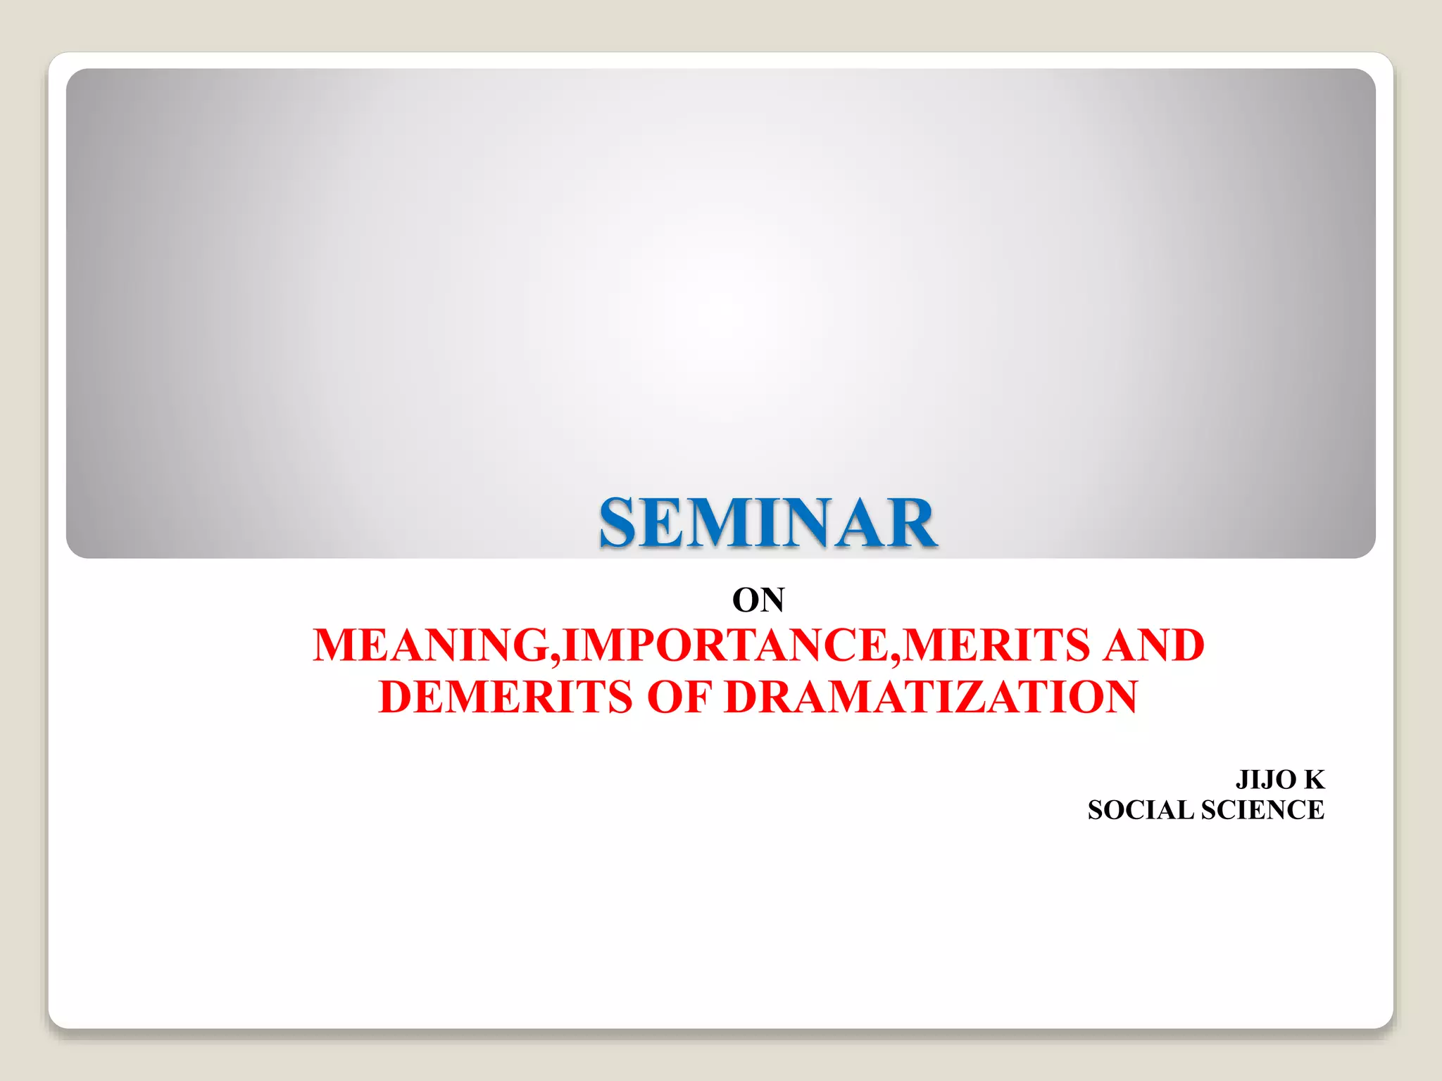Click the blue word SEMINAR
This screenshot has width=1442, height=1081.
point(767,523)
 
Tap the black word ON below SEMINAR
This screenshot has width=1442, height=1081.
point(758,600)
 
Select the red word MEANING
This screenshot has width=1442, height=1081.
point(431,645)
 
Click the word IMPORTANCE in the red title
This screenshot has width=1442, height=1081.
point(726,645)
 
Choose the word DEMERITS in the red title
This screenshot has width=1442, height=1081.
point(506,697)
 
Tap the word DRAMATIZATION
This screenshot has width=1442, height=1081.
point(930,697)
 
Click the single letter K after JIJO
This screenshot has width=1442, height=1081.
point(1314,780)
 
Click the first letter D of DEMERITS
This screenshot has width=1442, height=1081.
point(398,697)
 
